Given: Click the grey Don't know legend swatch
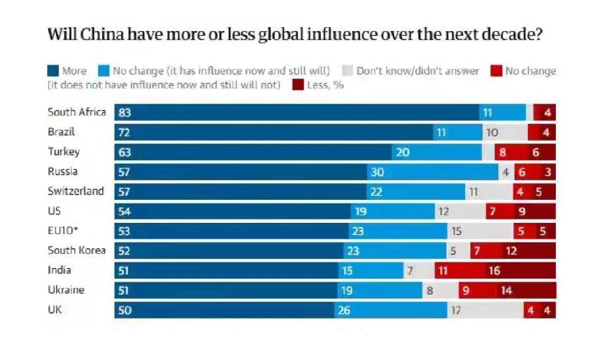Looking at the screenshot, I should [348, 71].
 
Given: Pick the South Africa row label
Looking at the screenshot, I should [76, 112].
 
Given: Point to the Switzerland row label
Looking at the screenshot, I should [76, 191].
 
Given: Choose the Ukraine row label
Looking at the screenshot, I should [66, 290].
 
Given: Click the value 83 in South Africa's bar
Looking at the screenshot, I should [125, 113].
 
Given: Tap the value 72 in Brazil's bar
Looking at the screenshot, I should [125, 133].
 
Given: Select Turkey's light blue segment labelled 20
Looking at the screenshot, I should [437, 152].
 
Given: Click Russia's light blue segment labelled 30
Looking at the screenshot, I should [432, 172].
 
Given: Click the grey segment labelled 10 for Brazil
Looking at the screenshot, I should [505, 133].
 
